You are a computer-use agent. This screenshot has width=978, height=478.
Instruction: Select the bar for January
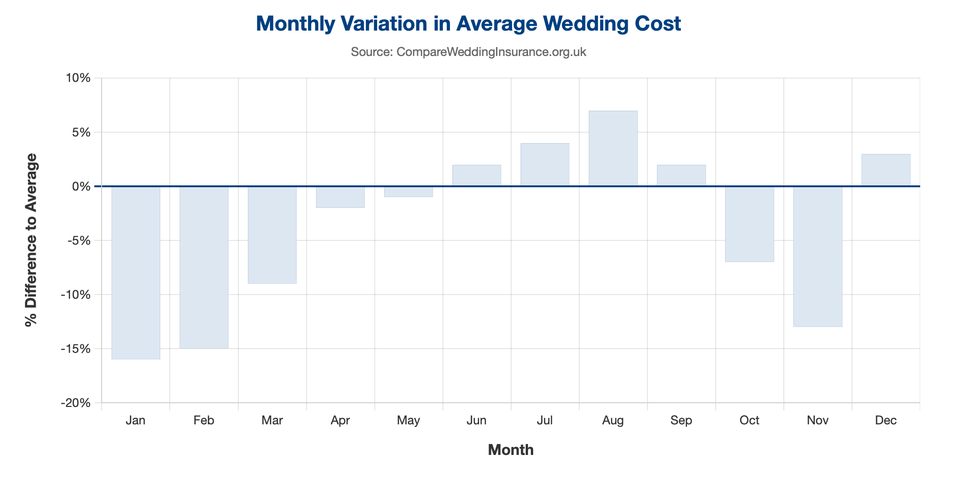click(136, 273)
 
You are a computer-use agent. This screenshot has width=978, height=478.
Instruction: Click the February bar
click(204, 267)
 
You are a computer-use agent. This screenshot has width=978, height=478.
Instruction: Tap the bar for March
click(272, 235)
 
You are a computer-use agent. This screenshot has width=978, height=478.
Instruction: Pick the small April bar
click(340, 197)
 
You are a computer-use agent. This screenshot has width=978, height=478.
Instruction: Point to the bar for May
click(409, 191)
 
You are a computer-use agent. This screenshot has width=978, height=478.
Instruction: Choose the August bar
click(613, 149)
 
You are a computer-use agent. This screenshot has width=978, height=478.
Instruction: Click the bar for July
click(545, 165)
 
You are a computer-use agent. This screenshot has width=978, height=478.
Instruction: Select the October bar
click(749, 224)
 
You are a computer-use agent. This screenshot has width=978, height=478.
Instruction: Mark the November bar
click(818, 256)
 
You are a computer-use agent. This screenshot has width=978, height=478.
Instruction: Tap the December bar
click(886, 170)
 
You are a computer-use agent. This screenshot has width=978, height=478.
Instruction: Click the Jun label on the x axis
click(477, 420)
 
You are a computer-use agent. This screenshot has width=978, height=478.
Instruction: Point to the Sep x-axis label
click(681, 420)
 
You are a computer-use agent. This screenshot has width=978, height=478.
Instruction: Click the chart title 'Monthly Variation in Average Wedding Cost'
click(468, 24)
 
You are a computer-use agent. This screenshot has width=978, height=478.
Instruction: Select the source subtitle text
click(468, 52)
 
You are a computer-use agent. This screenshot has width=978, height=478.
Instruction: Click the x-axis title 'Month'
click(511, 450)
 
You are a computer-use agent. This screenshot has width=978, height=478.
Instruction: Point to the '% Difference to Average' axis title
click(32, 240)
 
